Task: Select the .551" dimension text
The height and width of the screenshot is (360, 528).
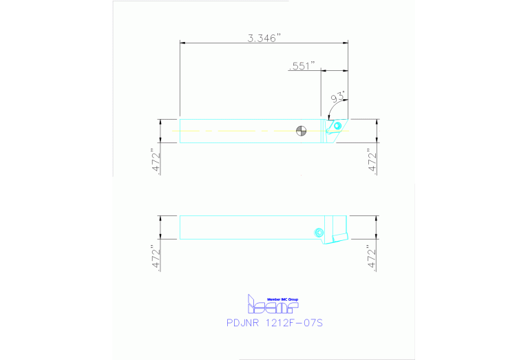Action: (301, 65)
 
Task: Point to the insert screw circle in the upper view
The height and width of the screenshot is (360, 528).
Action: (337, 127)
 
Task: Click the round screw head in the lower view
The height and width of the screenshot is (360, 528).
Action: (318, 233)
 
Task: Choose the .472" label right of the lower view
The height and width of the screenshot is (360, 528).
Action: (372, 257)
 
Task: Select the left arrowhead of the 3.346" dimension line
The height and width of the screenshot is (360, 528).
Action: (182, 43)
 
